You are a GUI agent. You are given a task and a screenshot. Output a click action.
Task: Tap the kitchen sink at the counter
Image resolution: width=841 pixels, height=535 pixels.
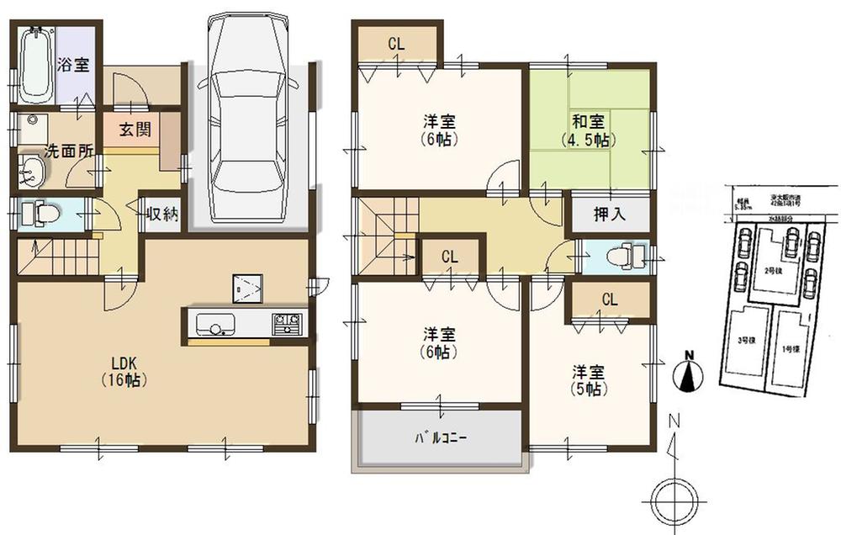(216, 322)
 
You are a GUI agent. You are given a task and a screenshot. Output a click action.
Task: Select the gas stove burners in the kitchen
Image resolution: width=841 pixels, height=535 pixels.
(287, 321)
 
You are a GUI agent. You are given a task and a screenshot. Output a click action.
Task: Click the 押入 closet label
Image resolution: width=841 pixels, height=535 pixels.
(611, 214)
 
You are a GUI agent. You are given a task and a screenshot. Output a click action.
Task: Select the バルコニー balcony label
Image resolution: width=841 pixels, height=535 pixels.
(441, 438)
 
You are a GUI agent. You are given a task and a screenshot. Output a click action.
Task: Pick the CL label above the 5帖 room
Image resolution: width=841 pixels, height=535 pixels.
(610, 299)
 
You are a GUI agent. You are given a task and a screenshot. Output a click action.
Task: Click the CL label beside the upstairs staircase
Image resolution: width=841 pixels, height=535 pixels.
(449, 256)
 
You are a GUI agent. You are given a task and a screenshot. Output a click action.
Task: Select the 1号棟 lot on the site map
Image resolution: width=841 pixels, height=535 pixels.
(789, 348)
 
